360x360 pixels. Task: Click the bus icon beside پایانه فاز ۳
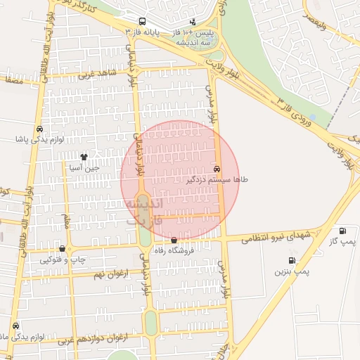143,22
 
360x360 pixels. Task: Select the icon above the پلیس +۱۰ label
193,22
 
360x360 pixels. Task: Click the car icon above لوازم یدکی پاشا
39,129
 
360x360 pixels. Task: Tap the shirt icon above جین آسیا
84,157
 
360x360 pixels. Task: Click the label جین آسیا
84,168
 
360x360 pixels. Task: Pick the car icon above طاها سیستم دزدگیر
217,169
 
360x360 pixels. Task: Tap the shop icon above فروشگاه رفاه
174,240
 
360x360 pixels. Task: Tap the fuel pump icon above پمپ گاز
342,231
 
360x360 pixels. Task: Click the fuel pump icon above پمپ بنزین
291,260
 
